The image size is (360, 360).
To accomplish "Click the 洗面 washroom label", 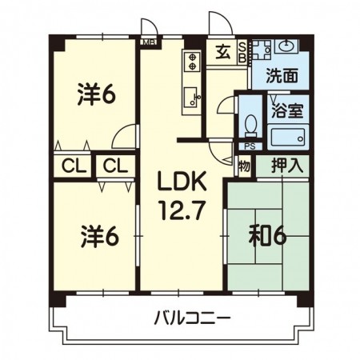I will click(x=281, y=78).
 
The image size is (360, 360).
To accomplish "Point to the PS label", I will click(x=249, y=146).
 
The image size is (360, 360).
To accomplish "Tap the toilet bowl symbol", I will click(x=251, y=126).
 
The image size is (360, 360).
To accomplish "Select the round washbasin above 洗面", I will click(x=285, y=47).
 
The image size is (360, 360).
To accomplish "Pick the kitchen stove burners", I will click(x=191, y=60).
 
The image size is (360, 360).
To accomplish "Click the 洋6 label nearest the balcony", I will click(x=97, y=237).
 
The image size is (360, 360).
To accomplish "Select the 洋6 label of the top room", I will click(x=97, y=94).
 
